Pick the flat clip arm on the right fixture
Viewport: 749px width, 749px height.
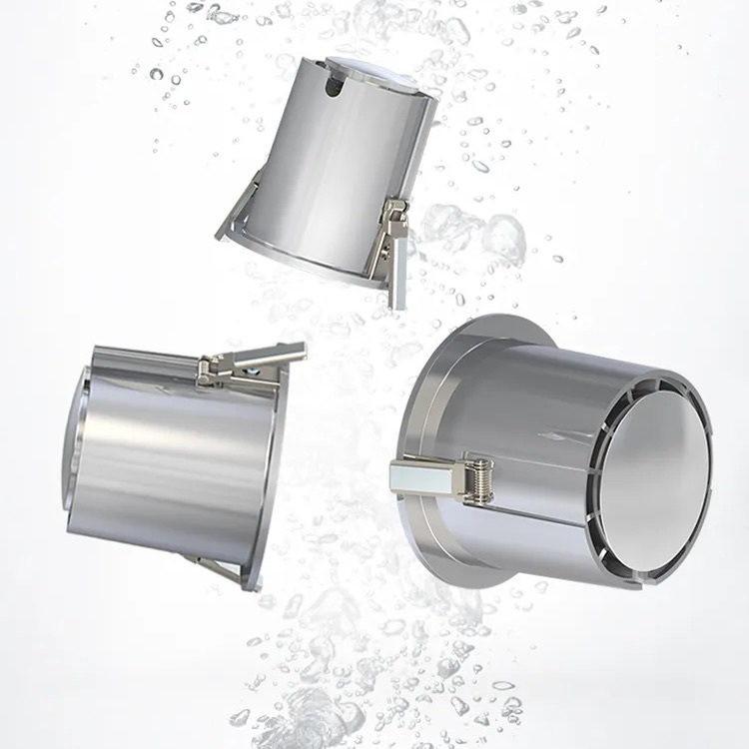coord(419,477)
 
